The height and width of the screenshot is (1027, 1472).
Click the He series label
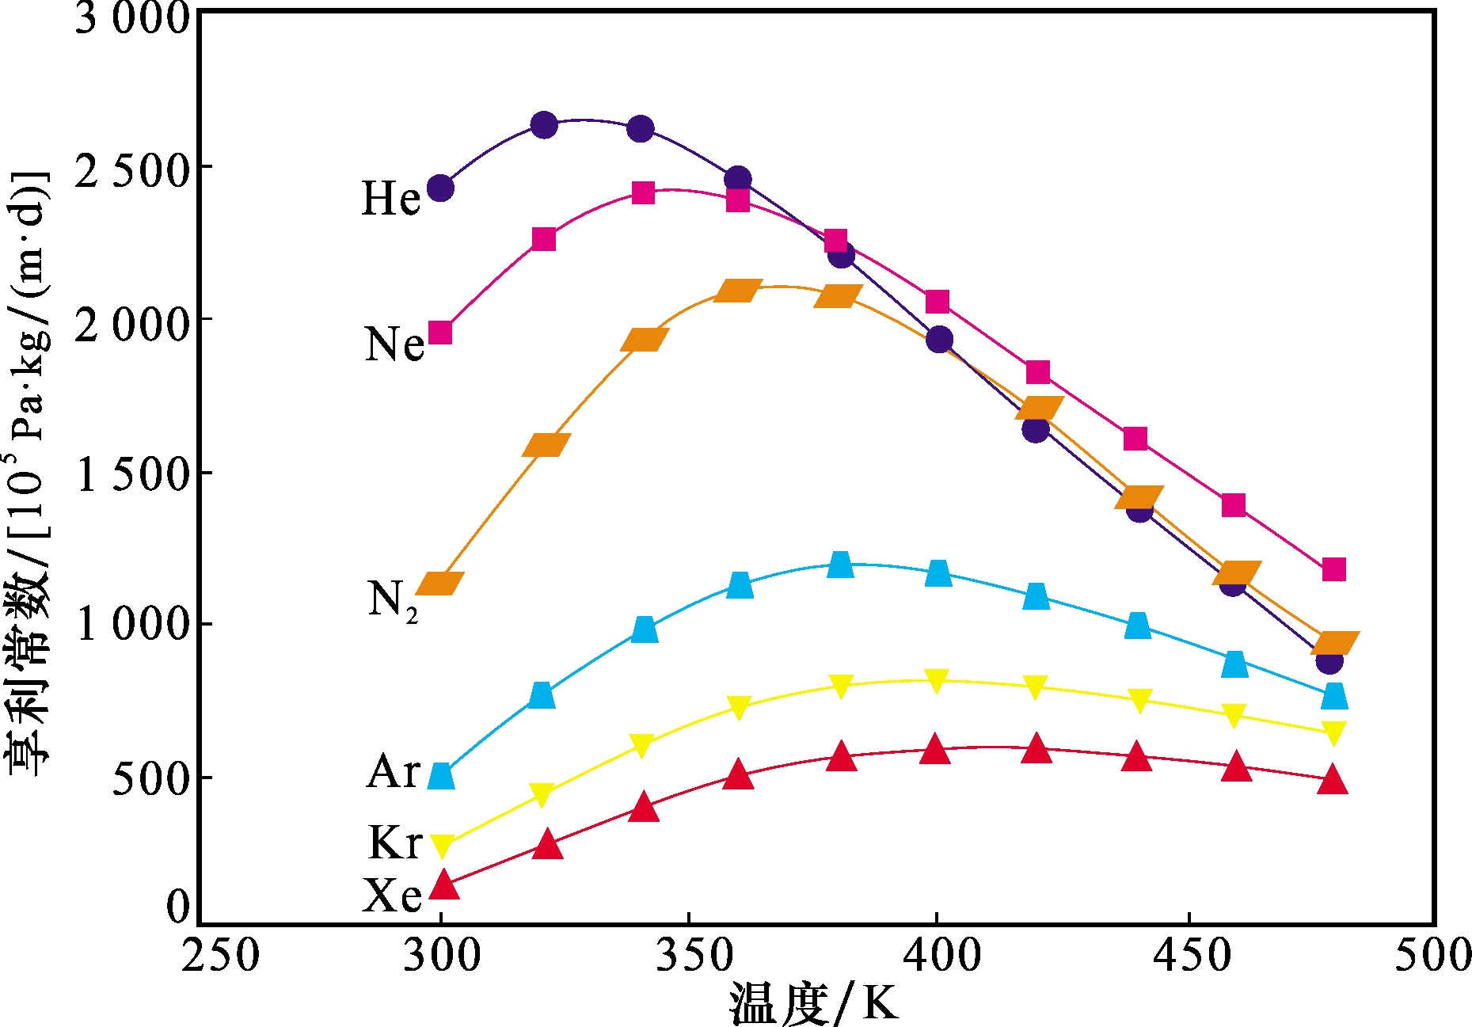tap(390, 198)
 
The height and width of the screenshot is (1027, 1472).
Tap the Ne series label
tap(394, 344)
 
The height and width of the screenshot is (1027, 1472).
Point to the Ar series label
tap(394, 770)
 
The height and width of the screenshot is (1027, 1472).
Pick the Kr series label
tap(395, 842)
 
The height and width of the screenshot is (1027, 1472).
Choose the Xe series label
tap(392, 896)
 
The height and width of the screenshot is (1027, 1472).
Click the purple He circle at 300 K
tap(440, 188)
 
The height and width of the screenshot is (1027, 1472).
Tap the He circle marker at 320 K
tap(544, 124)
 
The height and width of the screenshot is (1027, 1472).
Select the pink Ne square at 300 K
tap(440, 333)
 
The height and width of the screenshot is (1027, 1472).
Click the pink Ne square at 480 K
tap(1333, 569)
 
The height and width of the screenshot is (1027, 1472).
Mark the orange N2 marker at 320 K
tap(546, 444)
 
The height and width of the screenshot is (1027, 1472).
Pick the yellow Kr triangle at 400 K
tap(936, 680)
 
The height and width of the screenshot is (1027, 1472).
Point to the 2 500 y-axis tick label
tap(132, 170)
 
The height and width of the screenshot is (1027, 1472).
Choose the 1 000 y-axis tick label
tap(132, 625)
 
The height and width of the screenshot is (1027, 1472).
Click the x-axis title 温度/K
tap(813, 1003)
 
